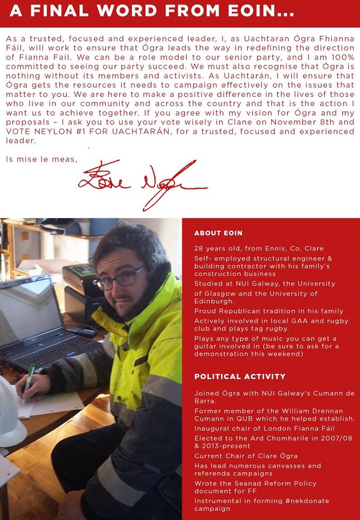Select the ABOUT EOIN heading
click(x=218, y=233)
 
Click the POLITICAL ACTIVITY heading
click(x=240, y=376)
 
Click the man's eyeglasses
click(x=119, y=278)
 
